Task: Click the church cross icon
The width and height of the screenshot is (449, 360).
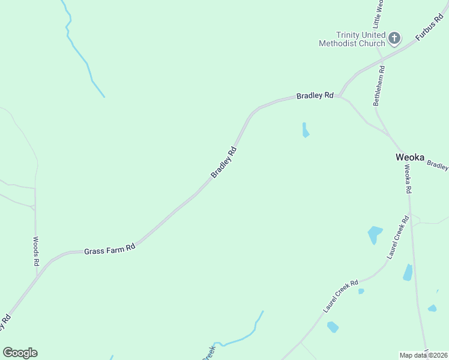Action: point(394,39)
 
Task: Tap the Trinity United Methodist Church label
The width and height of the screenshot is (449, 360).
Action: point(352,39)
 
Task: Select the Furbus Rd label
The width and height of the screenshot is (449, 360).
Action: point(429,30)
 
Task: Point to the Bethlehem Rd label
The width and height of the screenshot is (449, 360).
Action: point(379,86)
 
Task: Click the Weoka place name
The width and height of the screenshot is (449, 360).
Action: point(409,158)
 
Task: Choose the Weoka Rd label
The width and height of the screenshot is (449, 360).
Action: point(408,178)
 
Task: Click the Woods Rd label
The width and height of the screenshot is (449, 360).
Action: point(36,251)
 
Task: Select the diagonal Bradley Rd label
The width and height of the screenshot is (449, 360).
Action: point(224,162)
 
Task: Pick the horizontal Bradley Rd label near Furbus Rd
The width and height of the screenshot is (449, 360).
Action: point(315,95)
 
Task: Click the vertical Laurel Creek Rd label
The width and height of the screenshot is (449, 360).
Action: point(397,238)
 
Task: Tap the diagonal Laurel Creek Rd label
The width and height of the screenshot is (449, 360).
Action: point(340,296)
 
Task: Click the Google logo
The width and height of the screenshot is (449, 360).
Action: point(20,353)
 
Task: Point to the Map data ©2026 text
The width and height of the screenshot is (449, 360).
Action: point(424,355)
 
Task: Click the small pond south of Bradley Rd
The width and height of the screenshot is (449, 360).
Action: point(306,130)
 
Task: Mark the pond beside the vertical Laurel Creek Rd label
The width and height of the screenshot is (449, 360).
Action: point(375,234)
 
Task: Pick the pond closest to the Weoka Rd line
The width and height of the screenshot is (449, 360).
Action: point(408,272)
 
